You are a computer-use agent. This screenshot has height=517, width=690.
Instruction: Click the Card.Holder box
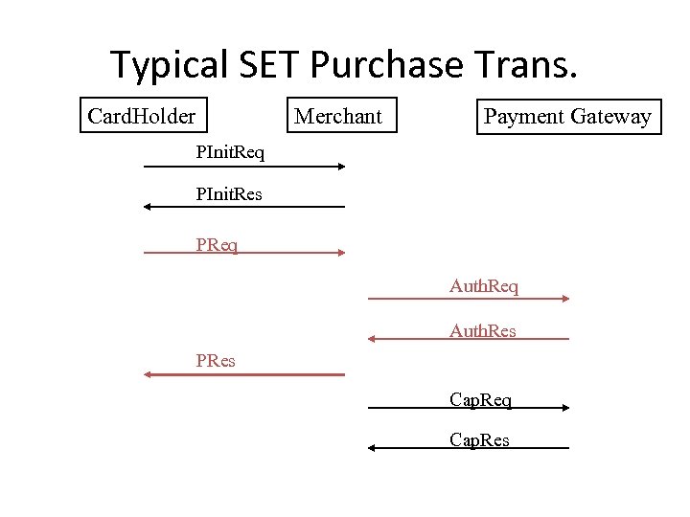[x=141, y=117]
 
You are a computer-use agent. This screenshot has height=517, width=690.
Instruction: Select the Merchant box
[x=337, y=117]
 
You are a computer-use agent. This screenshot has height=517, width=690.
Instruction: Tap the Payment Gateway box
[x=567, y=117]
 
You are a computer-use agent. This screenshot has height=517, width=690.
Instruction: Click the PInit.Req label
[x=230, y=151]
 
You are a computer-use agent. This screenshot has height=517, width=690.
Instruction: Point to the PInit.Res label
[x=229, y=194]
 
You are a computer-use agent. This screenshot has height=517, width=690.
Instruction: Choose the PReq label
[x=217, y=245]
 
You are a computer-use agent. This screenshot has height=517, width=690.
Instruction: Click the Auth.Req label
[x=484, y=286]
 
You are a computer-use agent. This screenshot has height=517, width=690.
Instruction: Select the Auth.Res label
[x=483, y=331]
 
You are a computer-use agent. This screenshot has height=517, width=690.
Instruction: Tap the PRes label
[x=216, y=361]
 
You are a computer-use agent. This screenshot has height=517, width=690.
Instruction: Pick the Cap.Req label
[x=480, y=399]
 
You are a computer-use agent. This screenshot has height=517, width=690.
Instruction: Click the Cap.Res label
[x=479, y=440]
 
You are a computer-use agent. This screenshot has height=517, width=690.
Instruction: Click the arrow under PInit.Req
[x=243, y=167]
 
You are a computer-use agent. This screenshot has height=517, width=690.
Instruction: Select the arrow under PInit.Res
[x=243, y=207]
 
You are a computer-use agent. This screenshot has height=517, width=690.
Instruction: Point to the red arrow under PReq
[x=243, y=253]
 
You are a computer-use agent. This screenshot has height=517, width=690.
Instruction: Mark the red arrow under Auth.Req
[x=469, y=299]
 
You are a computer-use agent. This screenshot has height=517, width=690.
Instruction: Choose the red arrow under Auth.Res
[x=469, y=339]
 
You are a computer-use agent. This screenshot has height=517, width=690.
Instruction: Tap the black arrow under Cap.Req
[x=469, y=408]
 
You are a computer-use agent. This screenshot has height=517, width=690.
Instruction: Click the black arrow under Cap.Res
[x=469, y=448]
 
